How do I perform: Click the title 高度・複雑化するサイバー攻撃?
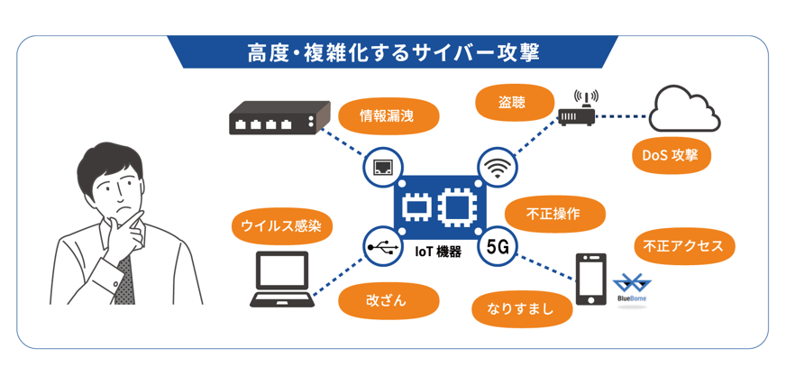393,52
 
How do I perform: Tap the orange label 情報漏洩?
388,115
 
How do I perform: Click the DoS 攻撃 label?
671,155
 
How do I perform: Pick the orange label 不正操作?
553,215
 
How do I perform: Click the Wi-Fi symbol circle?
496,167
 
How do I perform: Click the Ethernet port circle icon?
382,167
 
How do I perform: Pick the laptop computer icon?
281,280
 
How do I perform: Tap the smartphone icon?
591,280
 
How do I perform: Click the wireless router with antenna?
576,112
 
